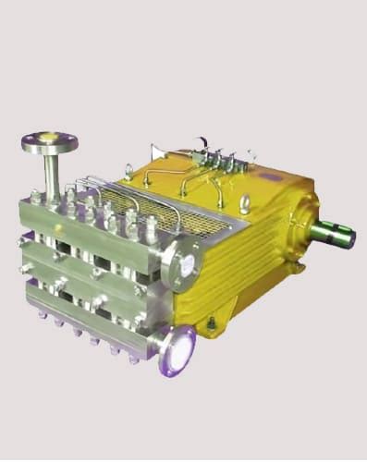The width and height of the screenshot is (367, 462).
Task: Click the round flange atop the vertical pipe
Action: tap(49, 142)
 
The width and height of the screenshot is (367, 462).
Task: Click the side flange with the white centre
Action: tap(181, 261)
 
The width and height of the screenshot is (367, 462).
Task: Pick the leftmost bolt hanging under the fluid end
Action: tap(43, 314)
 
